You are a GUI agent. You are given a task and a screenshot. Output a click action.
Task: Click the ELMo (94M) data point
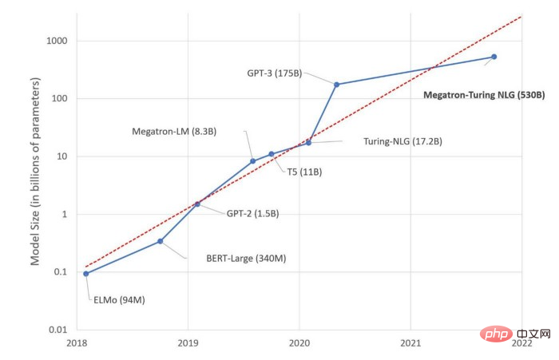[x=85, y=274]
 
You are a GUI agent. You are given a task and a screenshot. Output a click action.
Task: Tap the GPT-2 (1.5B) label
[x=252, y=213]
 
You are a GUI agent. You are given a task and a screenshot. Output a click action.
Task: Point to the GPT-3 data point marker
[x=336, y=84]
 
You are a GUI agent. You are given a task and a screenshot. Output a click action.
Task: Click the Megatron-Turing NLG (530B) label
[x=483, y=94]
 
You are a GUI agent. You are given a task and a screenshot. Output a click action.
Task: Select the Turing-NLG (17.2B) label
[x=402, y=141]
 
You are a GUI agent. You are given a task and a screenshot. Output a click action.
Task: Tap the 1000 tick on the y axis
[x=56, y=41]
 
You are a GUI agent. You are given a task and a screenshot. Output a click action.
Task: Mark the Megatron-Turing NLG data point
[x=494, y=57]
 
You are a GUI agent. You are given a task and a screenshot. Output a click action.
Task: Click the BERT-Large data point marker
[x=161, y=241]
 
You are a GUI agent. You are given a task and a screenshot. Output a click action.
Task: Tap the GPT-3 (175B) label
[x=274, y=73]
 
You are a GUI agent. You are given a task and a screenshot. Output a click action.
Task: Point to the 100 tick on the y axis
[x=59, y=99]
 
